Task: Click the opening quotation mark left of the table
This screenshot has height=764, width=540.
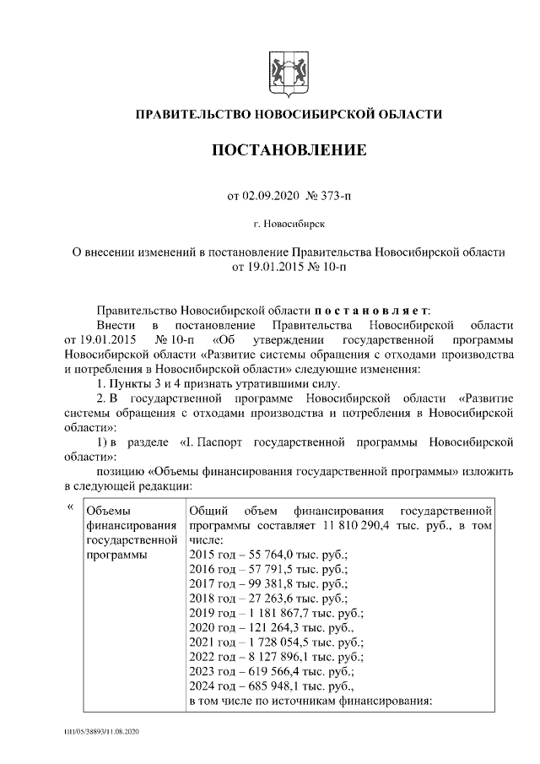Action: click(69, 507)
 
